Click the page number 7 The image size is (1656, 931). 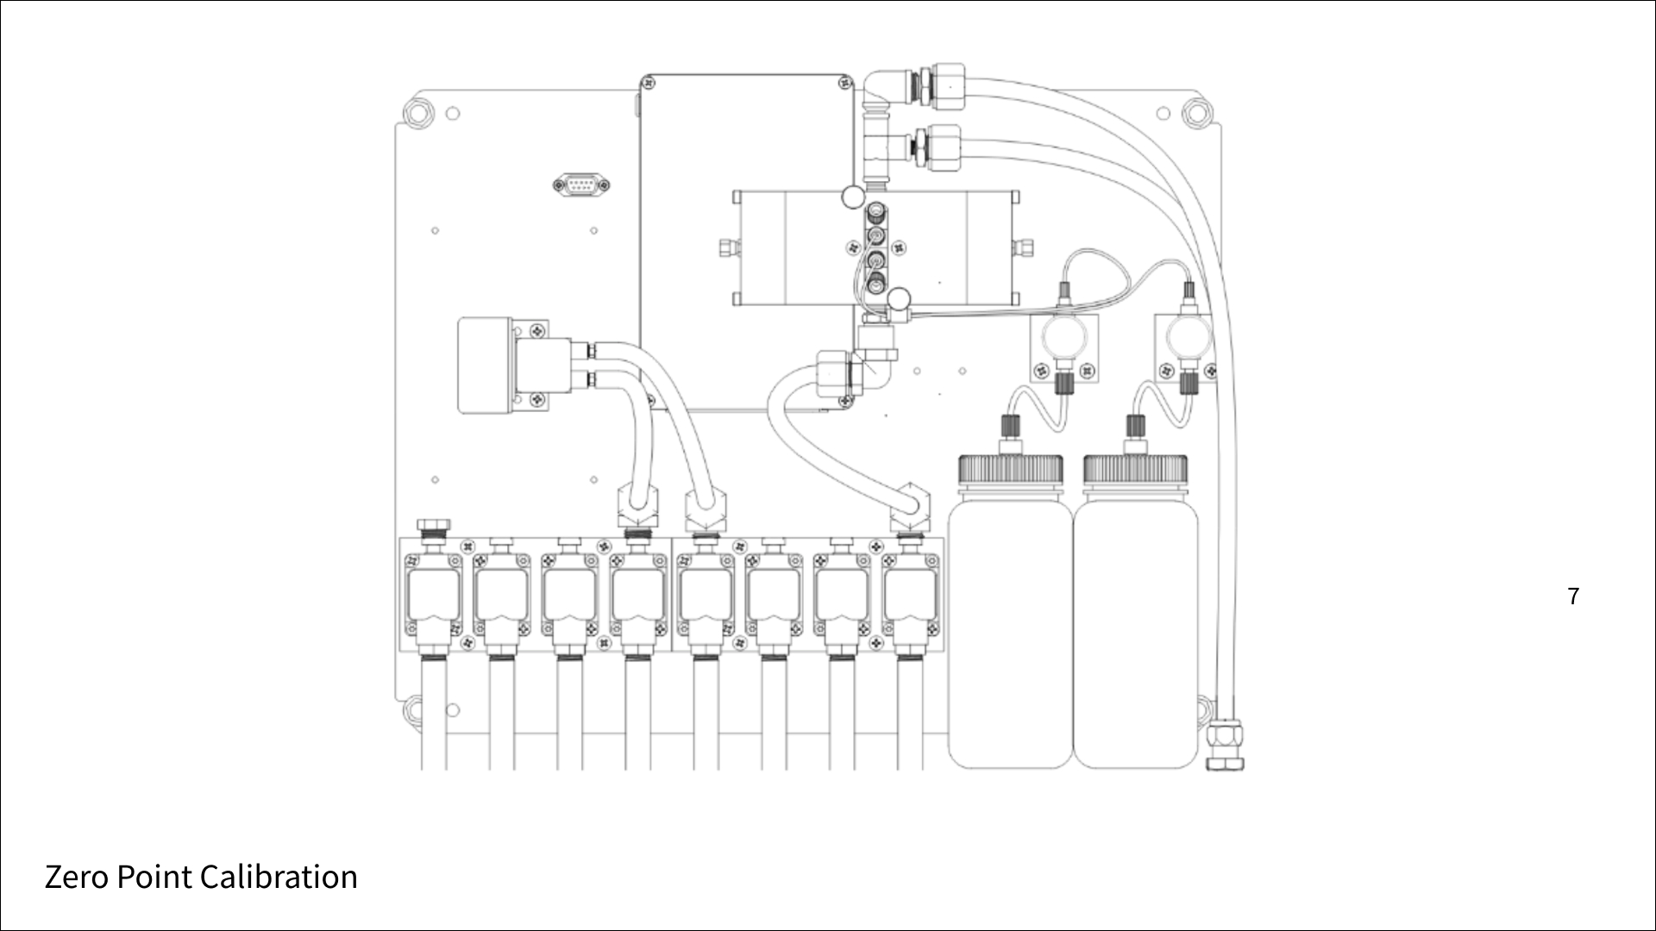click(x=1573, y=597)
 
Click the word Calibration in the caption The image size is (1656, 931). click(x=279, y=877)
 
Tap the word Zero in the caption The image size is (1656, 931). click(x=76, y=877)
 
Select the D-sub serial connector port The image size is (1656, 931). click(x=580, y=184)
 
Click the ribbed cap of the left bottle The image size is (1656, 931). click(x=1011, y=471)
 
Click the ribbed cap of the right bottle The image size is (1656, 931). click(x=1135, y=471)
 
